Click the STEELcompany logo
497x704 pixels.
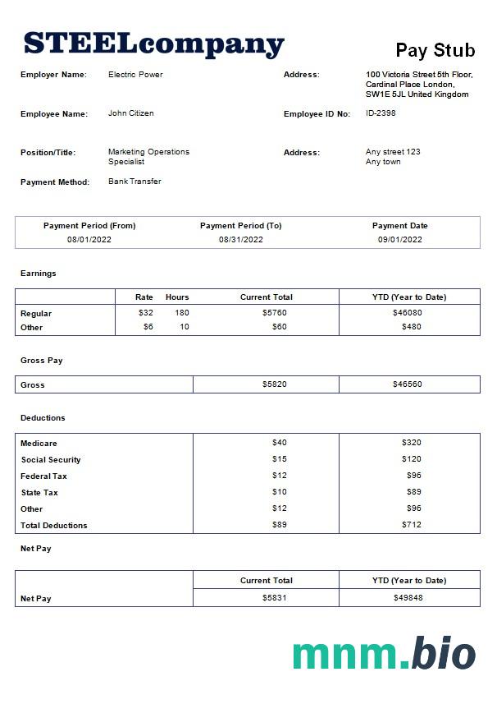point(153,44)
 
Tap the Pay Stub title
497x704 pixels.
point(435,50)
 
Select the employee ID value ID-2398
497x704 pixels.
point(381,113)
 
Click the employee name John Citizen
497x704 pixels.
point(131,113)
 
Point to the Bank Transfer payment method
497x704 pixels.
point(135,182)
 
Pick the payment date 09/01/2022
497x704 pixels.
point(399,240)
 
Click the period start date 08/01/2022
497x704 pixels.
point(89,240)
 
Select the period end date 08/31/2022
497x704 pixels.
point(241,240)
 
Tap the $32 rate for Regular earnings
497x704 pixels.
point(146,313)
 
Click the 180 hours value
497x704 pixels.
point(181,313)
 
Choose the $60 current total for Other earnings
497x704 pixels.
point(279,327)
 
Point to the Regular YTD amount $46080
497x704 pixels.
point(408,313)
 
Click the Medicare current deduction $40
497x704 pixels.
point(279,443)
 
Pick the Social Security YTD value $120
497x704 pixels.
point(411,459)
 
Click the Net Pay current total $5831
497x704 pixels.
point(274,598)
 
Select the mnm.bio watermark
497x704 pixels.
point(383,654)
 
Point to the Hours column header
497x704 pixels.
point(177,297)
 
